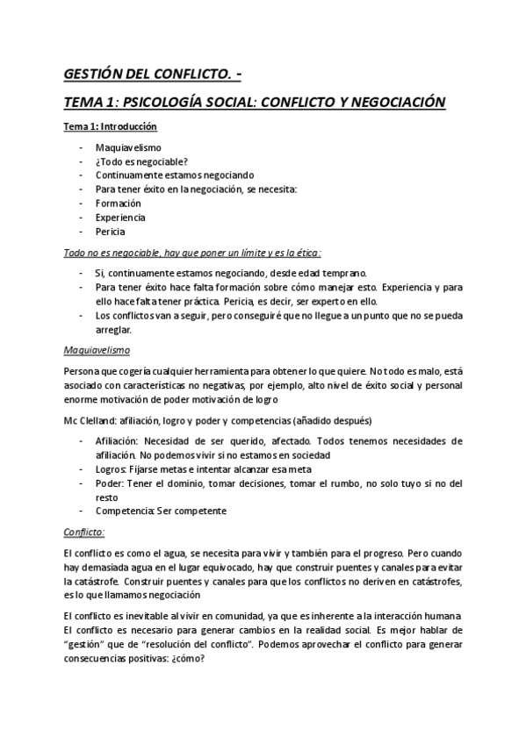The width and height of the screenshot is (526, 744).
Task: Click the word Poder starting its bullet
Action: click(109, 483)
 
